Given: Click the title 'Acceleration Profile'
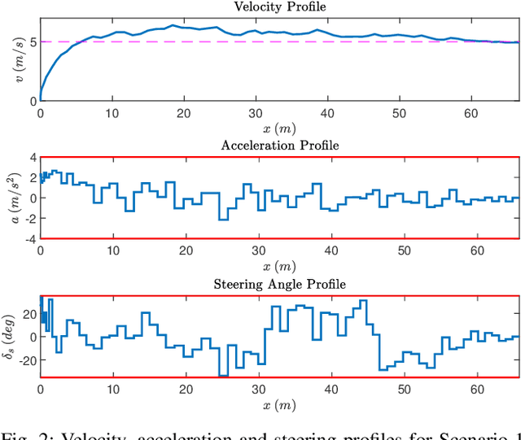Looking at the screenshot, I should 279,146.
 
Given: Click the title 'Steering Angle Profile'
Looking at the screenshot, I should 279,284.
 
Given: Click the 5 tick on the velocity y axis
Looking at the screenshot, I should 33,41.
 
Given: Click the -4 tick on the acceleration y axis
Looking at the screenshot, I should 29,239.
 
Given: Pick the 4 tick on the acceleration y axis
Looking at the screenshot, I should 33,157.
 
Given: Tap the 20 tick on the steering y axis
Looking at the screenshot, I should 27,313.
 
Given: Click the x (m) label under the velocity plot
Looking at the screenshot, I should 279,129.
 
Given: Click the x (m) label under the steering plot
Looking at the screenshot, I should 279,404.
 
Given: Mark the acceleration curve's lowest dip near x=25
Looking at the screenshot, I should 222,220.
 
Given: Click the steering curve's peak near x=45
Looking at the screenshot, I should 363,301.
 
